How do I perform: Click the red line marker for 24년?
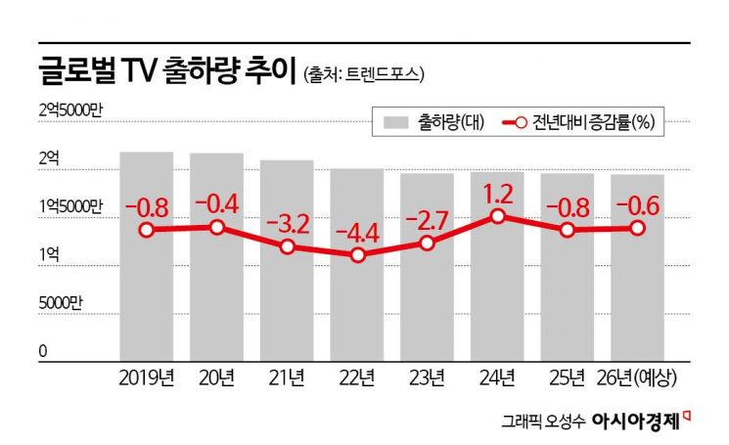pyautogui.click(x=498, y=215)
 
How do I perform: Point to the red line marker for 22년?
pyautogui.click(x=358, y=255)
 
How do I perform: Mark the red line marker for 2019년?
pyautogui.click(x=147, y=230)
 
